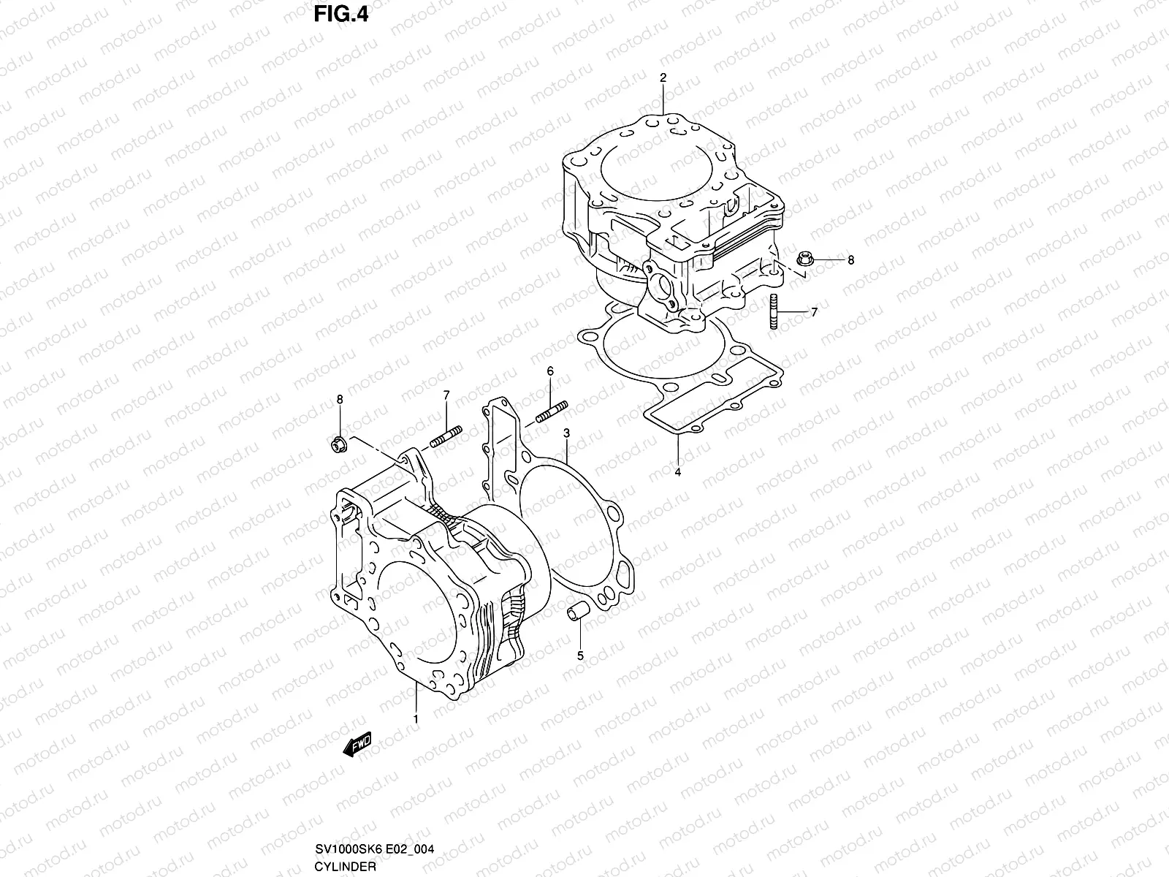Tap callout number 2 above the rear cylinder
(663, 77)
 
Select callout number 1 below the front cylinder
(415, 720)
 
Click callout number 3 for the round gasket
(566, 433)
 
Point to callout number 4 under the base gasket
(677, 473)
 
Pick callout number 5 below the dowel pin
(580, 656)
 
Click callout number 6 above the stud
(550, 371)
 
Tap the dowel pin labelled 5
(575, 612)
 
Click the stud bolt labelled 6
(552, 413)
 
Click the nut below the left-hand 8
(338, 444)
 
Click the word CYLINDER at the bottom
(346, 867)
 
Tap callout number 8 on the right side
(850, 259)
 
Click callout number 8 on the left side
(339, 398)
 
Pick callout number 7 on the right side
(814, 312)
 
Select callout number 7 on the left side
(446, 395)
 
